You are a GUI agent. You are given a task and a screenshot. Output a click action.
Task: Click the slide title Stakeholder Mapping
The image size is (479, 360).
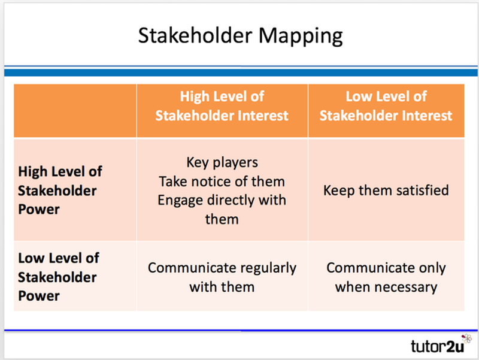240,35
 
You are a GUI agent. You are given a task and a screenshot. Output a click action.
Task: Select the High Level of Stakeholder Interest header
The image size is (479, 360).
222,105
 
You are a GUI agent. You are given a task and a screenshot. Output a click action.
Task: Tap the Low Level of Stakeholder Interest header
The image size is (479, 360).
386,105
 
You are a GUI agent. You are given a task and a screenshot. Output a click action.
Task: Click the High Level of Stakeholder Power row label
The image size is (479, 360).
60,190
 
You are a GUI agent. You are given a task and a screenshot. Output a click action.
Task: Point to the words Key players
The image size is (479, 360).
222,162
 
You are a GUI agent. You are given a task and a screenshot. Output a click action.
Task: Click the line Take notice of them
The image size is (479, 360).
222,181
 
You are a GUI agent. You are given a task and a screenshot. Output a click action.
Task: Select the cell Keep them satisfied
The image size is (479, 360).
386,190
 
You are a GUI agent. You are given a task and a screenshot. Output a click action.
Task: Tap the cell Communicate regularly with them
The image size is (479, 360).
222,277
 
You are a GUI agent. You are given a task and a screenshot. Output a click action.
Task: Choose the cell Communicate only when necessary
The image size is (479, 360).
386,277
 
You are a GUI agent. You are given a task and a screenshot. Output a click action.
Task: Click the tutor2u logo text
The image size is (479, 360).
434,346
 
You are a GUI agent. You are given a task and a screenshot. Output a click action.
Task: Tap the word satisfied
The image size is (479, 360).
419,190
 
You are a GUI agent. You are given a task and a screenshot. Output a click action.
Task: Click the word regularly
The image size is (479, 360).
268,268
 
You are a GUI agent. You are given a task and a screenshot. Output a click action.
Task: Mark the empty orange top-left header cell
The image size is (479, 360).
75,105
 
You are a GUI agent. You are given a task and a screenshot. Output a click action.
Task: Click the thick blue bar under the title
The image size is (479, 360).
239,72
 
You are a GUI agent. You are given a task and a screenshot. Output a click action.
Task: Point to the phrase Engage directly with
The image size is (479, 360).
222,200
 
